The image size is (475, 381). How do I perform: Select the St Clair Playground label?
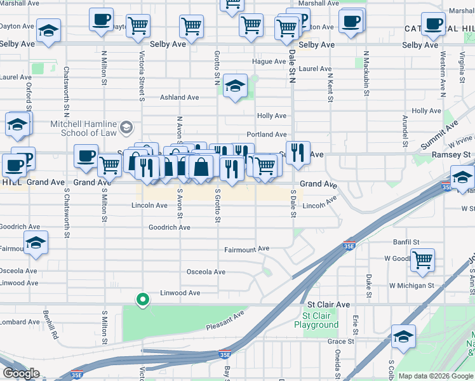click(316, 320)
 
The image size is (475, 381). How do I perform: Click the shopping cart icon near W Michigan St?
click(422, 259)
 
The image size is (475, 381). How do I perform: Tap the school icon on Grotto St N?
click(235, 88)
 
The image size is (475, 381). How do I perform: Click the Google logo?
click(21, 373)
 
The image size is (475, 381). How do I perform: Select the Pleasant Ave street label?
click(225, 321)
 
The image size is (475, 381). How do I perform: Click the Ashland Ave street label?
click(180, 97)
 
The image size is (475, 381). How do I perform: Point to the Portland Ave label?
click(267, 135)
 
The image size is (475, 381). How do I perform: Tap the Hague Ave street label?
click(269, 62)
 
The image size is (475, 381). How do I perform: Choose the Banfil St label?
click(406, 242)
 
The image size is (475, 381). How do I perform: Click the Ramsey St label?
click(450, 154)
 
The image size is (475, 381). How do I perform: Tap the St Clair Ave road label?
click(324, 305)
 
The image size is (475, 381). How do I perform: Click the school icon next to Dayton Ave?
click(48, 31)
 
